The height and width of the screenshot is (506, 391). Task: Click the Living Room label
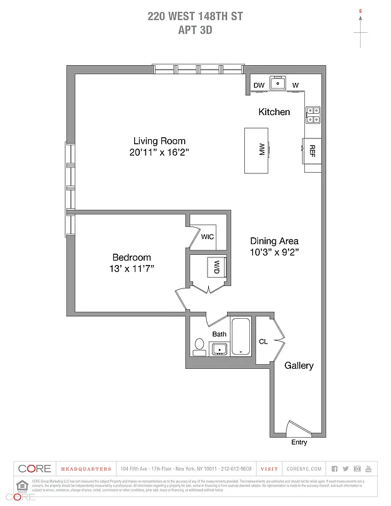tap(159, 141)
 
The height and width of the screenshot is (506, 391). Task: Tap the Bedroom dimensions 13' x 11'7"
tap(132, 269)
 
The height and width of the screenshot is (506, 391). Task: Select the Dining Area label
tap(274, 241)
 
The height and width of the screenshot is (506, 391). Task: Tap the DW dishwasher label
tap(259, 85)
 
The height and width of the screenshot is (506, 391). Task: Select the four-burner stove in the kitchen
tap(313, 114)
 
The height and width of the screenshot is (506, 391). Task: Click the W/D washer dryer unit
tap(217, 266)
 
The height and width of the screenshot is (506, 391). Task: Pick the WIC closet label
tap(208, 237)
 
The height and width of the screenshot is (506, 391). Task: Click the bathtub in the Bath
tap(241, 337)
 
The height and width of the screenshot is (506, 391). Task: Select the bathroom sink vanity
tap(220, 349)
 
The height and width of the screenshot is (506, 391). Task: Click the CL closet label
tap(263, 342)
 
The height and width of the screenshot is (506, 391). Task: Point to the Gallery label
tap(299, 366)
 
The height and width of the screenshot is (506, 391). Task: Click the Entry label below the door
tap(299, 442)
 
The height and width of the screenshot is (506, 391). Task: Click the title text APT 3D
tap(195, 28)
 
